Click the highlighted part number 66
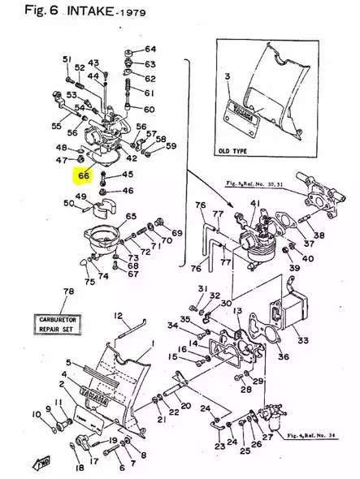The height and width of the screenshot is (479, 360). (x=84, y=175)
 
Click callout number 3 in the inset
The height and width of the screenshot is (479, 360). (x=228, y=76)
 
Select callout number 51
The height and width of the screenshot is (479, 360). (x=67, y=59)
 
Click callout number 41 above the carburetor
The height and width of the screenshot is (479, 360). (x=254, y=204)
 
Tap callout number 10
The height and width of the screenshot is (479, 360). (x=36, y=415)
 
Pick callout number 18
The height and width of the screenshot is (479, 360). (x=79, y=468)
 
